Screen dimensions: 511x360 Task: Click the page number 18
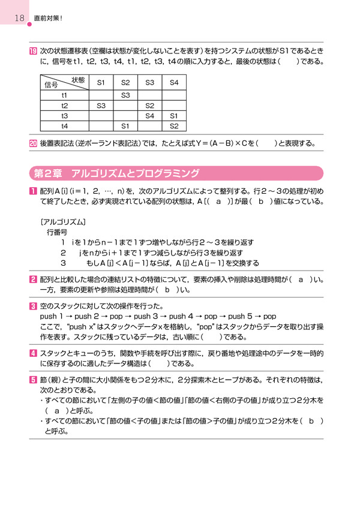pos(19,19)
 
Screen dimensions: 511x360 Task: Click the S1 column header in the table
pos(101,82)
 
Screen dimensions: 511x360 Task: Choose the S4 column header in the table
pos(174,82)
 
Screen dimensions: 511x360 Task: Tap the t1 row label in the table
pos(64,95)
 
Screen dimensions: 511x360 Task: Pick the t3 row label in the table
pos(64,116)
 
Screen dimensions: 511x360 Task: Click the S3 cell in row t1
pos(125,95)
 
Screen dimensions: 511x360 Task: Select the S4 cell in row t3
pos(150,116)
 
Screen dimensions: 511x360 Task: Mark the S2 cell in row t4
pos(174,126)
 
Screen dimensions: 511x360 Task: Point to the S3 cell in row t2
pos(101,106)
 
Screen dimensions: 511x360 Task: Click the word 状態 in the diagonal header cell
pos(78,79)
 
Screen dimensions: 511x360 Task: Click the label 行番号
pos(57,232)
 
